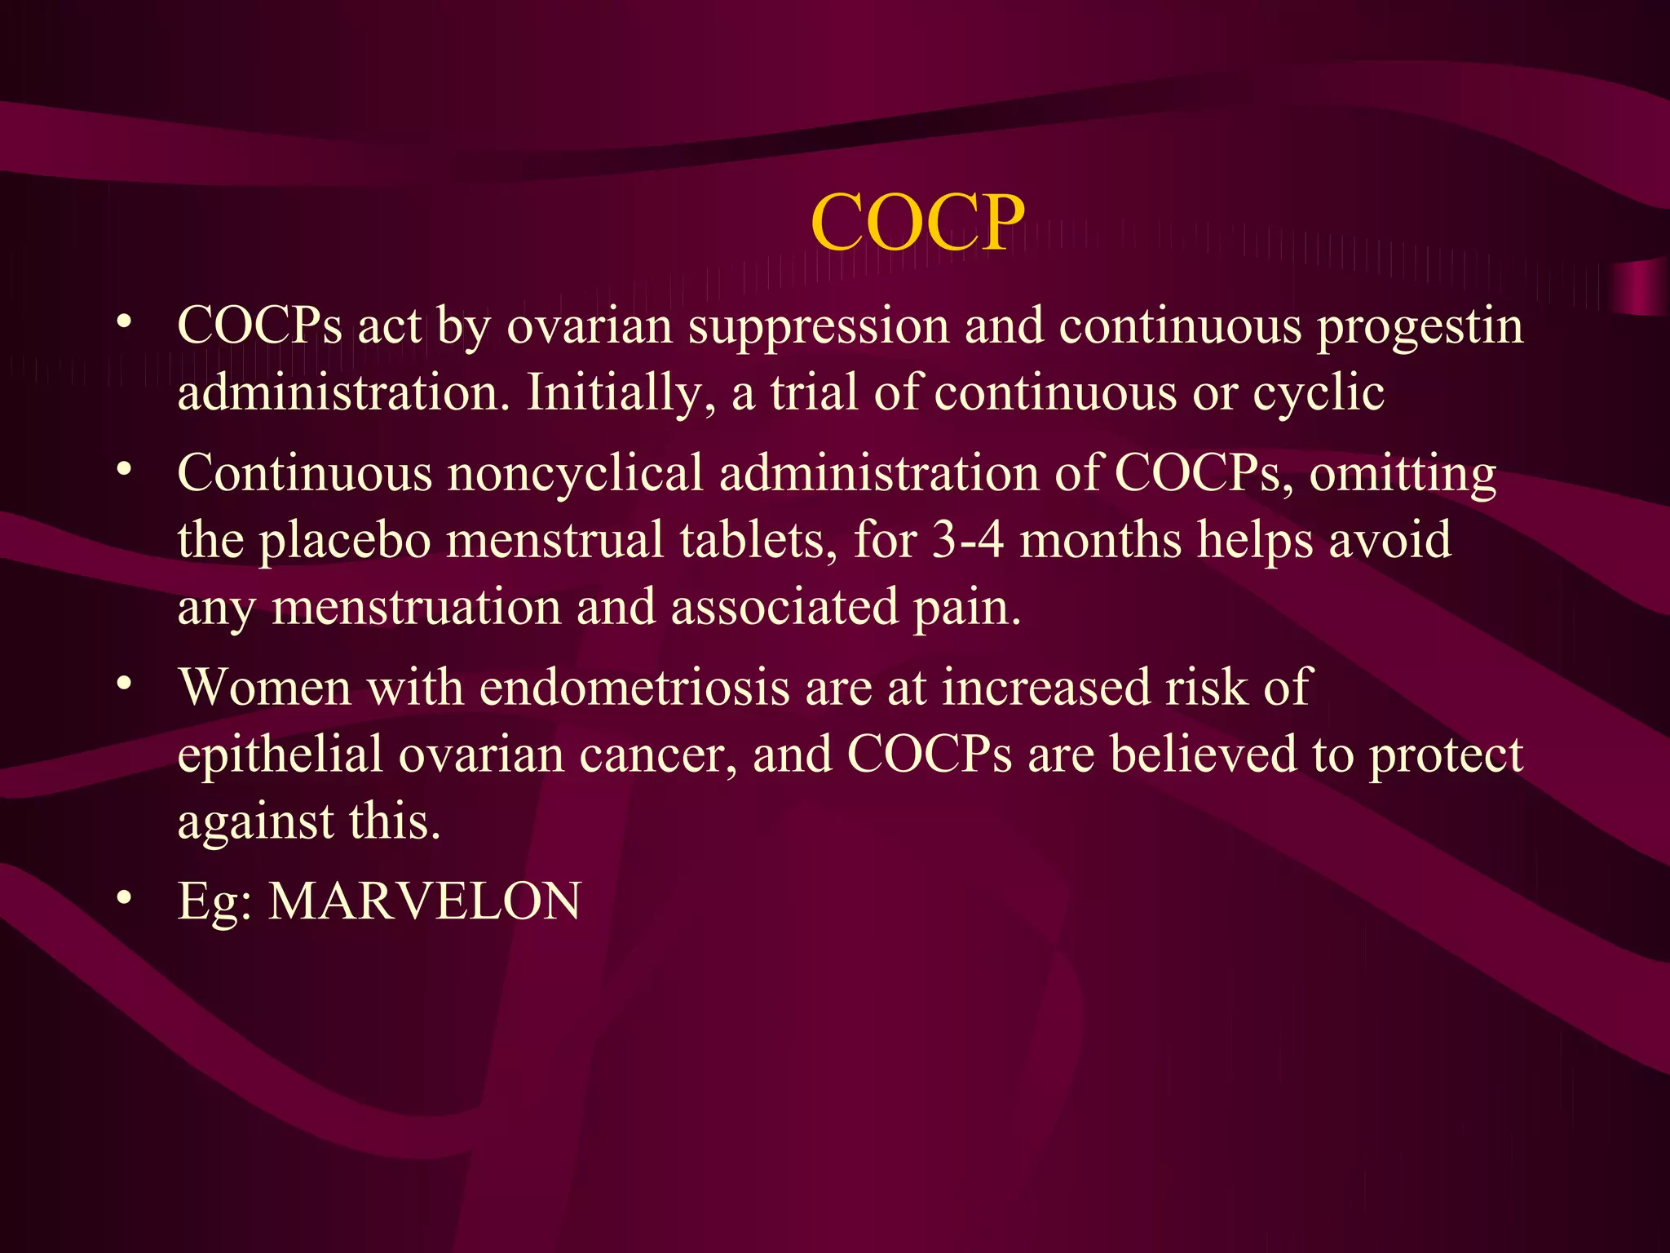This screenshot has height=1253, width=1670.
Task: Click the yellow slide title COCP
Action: (917, 222)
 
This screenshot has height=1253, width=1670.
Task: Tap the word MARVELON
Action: (425, 901)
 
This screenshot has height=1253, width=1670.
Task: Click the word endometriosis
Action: (634, 687)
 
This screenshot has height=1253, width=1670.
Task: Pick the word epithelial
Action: (280, 755)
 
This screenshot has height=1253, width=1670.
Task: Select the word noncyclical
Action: (575, 473)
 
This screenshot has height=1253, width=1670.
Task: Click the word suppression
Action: (819, 328)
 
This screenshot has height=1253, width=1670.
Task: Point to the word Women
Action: (265, 687)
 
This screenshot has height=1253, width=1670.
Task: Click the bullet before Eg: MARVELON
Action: (124, 899)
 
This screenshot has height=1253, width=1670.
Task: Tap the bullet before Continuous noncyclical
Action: (124, 470)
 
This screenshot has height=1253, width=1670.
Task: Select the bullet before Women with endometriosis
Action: (124, 684)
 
